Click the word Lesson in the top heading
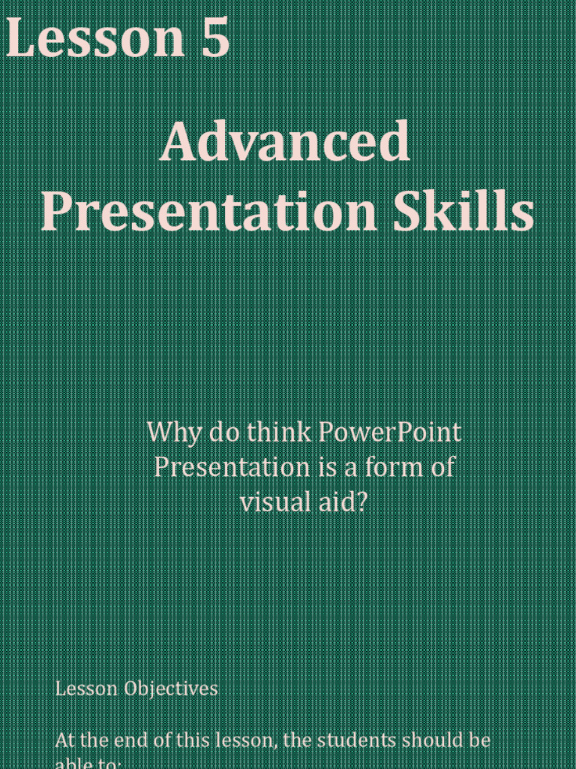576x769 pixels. click(95, 39)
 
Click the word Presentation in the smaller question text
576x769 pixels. click(231, 467)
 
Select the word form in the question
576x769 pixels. click(395, 467)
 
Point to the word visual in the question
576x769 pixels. click(271, 502)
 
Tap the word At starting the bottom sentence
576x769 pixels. click(65, 740)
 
